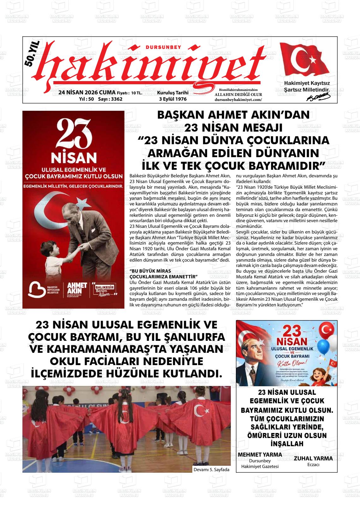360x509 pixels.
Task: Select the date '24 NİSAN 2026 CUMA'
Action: point(87,92)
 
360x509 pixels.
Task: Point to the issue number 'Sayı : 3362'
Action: point(110,99)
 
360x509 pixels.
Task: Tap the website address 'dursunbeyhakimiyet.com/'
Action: point(238,99)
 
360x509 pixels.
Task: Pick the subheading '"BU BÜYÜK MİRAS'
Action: point(150,271)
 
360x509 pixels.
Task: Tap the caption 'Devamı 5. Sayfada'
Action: point(211,470)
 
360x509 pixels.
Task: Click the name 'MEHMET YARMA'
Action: point(260,454)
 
